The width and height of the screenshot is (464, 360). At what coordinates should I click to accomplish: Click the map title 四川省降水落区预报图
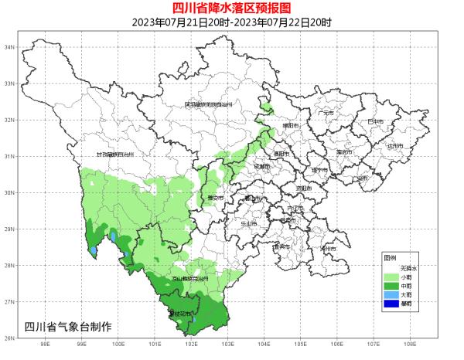pos(232,8)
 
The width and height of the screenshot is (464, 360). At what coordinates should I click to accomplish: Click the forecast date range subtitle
pos(232,22)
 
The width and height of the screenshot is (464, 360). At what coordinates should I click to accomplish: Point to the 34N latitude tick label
pos(11,47)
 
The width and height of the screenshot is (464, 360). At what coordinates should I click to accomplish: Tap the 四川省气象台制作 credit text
pos(68,326)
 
